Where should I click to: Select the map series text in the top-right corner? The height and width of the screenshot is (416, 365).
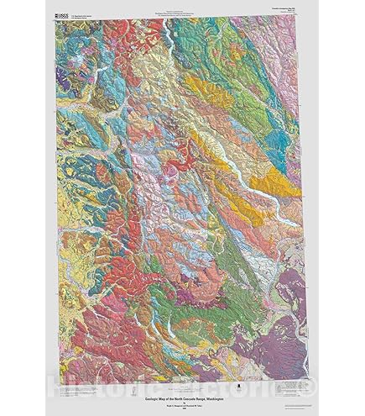pyautogui.click(x=283, y=11)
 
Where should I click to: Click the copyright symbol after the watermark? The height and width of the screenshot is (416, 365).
pyautogui.click(x=310, y=388)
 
